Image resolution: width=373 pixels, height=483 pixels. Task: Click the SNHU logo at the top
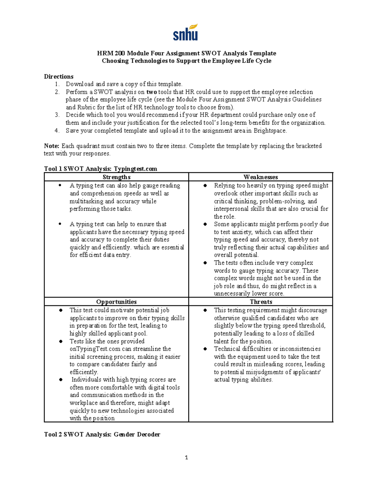pyautogui.click(x=186, y=33)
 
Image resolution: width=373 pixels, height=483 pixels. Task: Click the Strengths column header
pyautogui.click(x=116, y=177)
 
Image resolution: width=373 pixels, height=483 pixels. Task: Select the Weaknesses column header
pyautogui.click(x=260, y=177)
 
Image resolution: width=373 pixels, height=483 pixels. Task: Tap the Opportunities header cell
pyautogui.click(x=116, y=302)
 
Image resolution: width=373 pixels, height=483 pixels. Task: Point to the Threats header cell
pyautogui.click(x=261, y=302)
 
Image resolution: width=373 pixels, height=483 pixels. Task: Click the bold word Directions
pyautogui.click(x=59, y=77)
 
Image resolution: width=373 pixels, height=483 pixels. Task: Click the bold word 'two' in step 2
pyautogui.click(x=152, y=92)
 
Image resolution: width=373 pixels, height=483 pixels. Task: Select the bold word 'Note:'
pyautogui.click(x=52, y=146)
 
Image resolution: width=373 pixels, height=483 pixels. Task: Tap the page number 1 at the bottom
pyautogui.click(x=186, y=457)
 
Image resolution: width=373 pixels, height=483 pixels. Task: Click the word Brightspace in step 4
pyautogui.click(x=270, y=131)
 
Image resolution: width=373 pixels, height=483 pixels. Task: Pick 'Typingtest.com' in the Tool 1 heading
pyautogui.click(x=136, y=169)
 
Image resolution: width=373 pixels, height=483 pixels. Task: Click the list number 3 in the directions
pyautogui.click(x=57, y=115)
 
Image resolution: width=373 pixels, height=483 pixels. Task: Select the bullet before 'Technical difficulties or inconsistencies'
pyautogui.click(x=205, y=349)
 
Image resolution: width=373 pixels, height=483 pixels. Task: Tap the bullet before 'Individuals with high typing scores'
pyautogui.click(x=61, y=380)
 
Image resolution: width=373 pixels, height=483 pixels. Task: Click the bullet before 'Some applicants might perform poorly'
pyautogui.click(x=205, y=224)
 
